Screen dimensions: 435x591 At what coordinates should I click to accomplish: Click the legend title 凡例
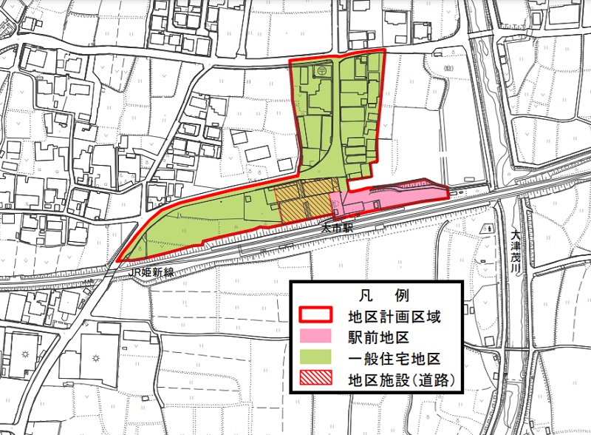pyautogui.click(x=375, y=294)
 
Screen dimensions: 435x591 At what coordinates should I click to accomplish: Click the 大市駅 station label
pyautogui.click(x=338, y=229)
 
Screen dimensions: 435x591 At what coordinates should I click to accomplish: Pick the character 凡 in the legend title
pyautogui.click(x=359, y=294)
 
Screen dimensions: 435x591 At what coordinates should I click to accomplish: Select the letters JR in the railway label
pyautogui.click(x=134, y=273)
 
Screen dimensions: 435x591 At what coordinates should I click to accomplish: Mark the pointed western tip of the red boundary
pyautogui.click(x=117, y=261)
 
